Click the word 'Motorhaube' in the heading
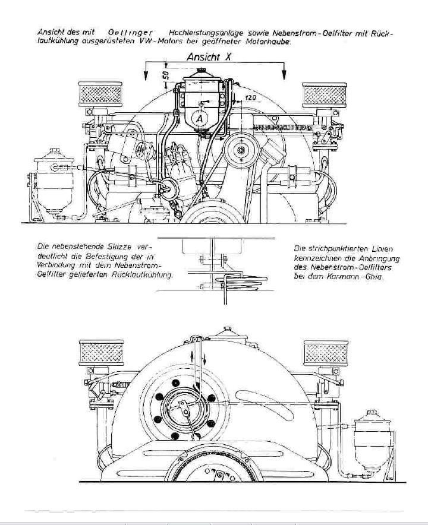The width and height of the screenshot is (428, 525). [272, 42]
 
